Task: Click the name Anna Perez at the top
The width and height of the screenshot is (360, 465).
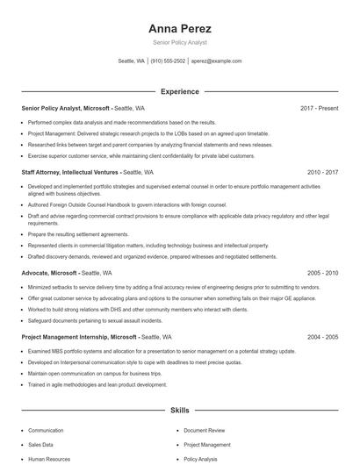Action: pos(180,28)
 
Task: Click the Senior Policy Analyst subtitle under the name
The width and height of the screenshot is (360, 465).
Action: pos(180,42)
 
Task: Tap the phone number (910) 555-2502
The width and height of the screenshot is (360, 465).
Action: pos(168,61)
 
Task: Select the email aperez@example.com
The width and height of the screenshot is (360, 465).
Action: pos(216,61)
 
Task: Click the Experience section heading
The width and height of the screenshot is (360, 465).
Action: pos(180,91)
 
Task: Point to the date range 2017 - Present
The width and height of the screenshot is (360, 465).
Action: pos(319,109)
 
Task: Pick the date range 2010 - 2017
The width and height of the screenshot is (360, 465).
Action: pos(322,173)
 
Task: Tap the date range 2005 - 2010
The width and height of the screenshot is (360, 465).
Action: pos(322,273)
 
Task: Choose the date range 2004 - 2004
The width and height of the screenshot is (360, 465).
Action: pos(322,337)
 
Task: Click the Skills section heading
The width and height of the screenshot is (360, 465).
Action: pos(180,411)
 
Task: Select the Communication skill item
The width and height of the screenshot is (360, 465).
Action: pos(46,431)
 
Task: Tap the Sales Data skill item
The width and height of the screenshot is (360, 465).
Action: pos(40,445)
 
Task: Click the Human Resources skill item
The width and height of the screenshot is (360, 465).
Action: pos(49,459)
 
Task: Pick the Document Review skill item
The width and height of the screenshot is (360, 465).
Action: pos(205,431)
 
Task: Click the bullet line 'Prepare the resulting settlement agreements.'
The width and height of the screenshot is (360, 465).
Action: pos(78,234)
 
